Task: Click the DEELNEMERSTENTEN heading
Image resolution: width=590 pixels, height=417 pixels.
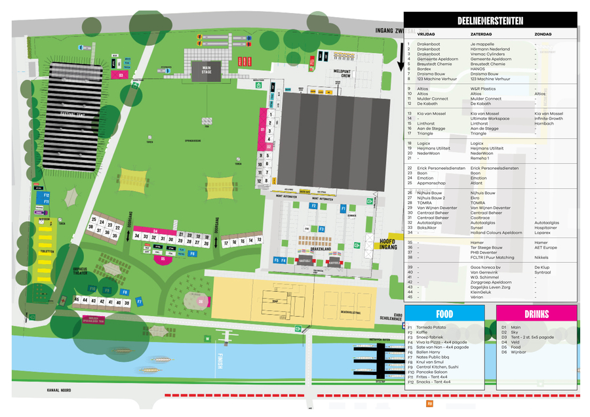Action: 490,21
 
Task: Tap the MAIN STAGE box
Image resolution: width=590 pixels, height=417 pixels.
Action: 206,69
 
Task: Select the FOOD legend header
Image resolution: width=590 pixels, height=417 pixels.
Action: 444,314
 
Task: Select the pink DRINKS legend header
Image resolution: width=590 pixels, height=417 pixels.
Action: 536,314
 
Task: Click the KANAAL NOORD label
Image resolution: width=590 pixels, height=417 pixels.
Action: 58,389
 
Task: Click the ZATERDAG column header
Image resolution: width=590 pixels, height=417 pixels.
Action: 481,34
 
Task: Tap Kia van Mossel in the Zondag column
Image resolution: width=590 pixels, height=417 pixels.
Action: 548,113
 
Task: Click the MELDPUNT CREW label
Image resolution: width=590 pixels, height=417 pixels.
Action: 342,73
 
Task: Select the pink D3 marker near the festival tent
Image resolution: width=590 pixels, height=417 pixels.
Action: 121,75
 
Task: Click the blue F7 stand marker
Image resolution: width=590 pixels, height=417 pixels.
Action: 139,301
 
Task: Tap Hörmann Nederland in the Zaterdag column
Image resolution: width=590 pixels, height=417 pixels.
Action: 490,49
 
